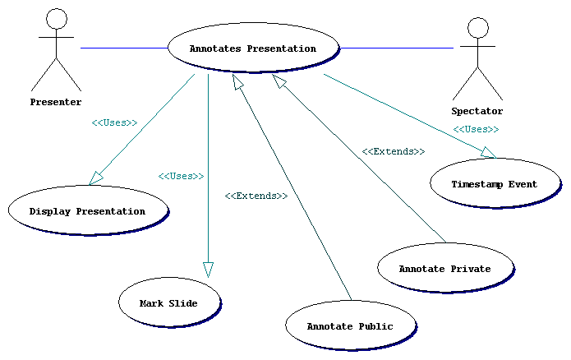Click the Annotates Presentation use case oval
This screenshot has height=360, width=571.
(253, 48)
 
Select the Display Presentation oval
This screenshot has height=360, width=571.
(87, 211)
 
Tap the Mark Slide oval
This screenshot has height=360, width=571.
(168, 303)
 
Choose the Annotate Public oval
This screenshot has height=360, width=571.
(350, 326)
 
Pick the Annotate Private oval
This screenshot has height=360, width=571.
(444, 269)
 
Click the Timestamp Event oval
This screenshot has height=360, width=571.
(494, 184)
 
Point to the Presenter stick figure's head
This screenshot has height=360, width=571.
(57, 20)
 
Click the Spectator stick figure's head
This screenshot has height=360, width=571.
(477, 28)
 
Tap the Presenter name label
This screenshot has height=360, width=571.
(56, 102)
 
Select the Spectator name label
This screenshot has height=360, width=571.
(477, 111)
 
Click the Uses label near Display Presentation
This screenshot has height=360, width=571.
(114, 122)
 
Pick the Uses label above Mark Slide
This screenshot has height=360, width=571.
(181, 176)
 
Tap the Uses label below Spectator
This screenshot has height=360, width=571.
(476, 129)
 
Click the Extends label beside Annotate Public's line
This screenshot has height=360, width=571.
(256, 196)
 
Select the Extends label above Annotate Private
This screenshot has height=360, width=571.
(393, 151)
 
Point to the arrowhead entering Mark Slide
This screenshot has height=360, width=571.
(208, 269)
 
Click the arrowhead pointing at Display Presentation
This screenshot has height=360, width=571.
(97, 177)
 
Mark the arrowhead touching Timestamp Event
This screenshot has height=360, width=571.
(489, 153)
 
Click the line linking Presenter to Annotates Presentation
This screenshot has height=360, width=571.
(123, 48)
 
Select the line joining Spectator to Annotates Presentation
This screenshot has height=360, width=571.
(396, 48)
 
